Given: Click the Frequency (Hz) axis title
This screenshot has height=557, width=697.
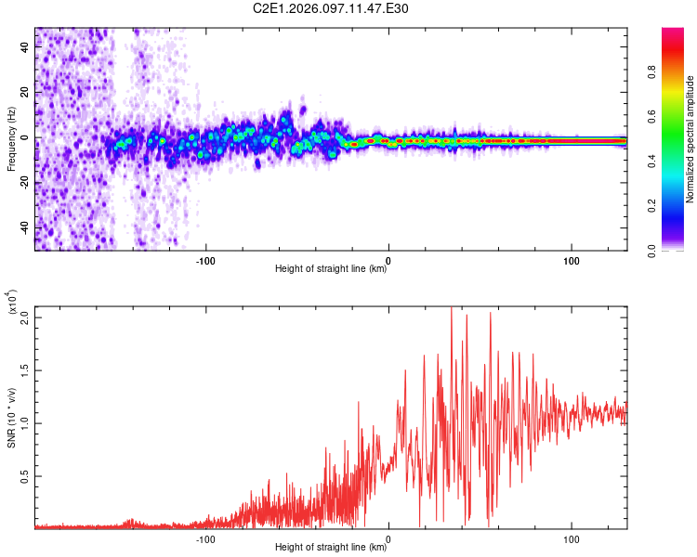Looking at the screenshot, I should tap(11, 139).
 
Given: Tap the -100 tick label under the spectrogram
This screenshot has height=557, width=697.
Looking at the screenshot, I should tap(206, 260).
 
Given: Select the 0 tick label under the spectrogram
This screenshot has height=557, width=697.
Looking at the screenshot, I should tap(388, 260).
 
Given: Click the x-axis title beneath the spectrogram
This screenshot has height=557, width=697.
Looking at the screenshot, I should tap(331, 270).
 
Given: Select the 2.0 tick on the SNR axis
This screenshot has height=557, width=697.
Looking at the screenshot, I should tap(26, 317).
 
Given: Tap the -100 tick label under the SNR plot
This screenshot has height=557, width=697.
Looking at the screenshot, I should tap(206, 538).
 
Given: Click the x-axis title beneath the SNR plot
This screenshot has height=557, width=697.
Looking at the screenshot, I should tap(331, 549).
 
